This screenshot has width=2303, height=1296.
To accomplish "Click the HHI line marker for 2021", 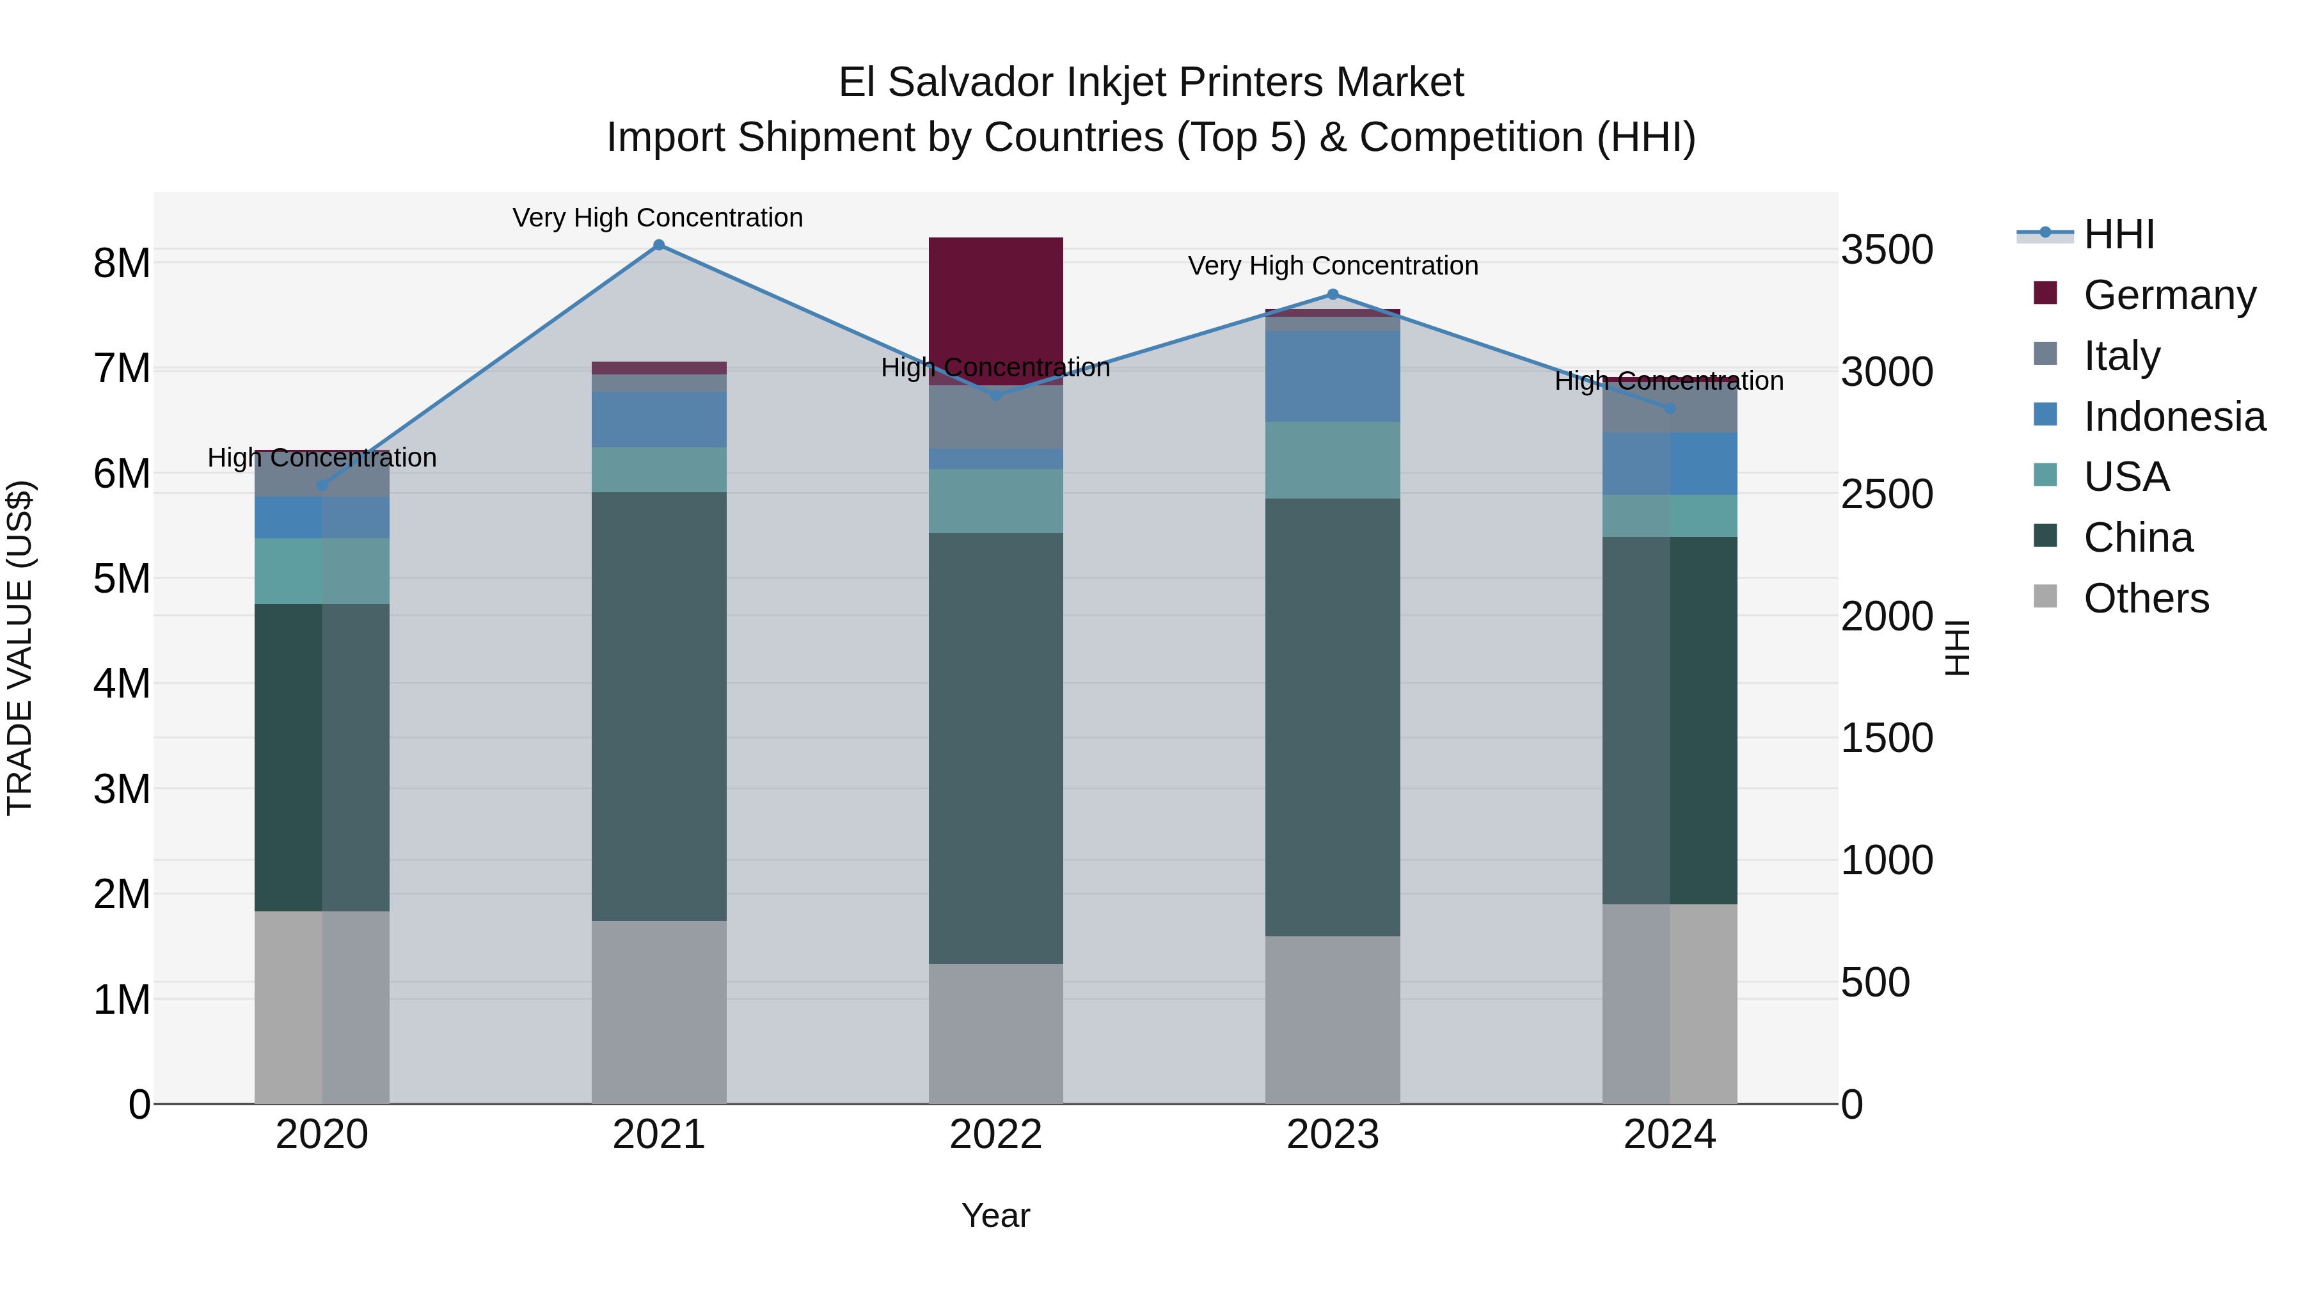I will coord(659,245).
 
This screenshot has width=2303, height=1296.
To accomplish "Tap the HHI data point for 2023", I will coord(1332,294).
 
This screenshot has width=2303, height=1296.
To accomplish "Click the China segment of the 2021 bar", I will coord(659,707).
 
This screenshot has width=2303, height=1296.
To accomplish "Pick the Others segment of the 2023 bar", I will coord(1332,1020).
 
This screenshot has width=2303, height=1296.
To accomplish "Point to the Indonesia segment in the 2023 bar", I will coord(1332,376).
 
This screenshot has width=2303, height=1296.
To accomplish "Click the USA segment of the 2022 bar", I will coord(996,501).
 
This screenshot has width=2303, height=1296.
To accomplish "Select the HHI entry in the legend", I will coord(2118,234).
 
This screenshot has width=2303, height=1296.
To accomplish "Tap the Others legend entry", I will coord(2145,598).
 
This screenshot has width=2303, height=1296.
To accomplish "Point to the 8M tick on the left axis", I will coord(122,263).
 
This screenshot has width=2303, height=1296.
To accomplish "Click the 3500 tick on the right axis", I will coord(1887,250).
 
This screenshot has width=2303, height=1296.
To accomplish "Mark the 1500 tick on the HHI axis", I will coord(1887,739).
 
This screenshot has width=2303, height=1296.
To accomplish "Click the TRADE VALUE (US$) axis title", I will coord(20,648).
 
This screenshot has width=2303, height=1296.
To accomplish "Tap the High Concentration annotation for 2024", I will coord(1668,381).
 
